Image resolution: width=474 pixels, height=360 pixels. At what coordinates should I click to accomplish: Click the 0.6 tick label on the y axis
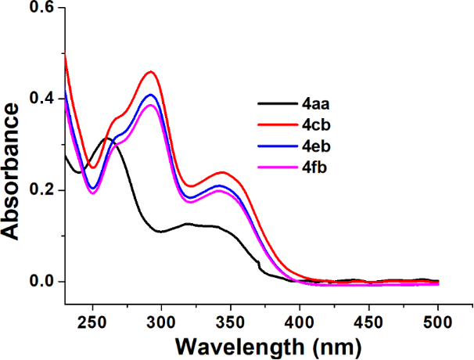(x=41, y=8)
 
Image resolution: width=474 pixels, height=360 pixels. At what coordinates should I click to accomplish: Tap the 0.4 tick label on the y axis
(x=41, y=99)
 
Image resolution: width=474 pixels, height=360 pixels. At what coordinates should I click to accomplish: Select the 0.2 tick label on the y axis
(x=41, y=190)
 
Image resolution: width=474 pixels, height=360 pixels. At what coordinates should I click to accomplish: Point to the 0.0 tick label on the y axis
(x=41, y=281)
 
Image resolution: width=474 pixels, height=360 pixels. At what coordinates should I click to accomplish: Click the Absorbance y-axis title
(x=13, y=173)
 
